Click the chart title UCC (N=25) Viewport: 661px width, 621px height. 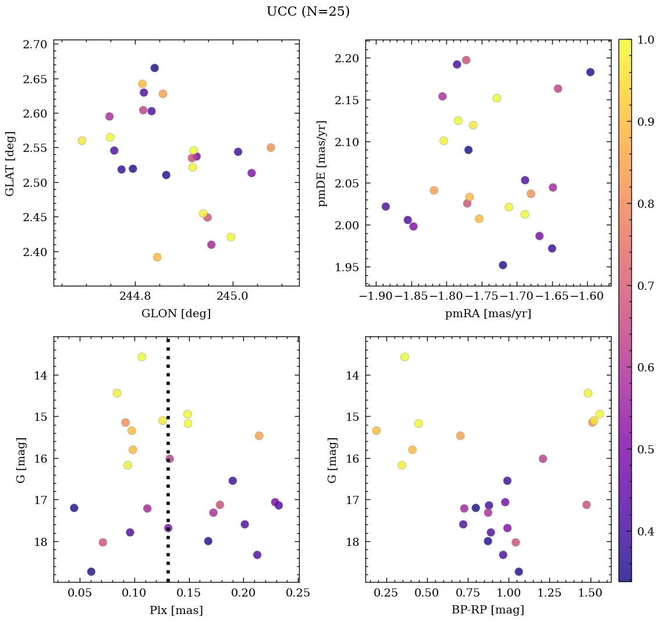tap(308, 12)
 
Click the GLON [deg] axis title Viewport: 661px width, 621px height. tap(176, 314)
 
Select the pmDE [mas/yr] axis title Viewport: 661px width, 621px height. tap(322, 163)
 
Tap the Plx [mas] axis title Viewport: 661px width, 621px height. tap(176, 611)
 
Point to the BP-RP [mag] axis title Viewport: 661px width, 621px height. tap(488, 611)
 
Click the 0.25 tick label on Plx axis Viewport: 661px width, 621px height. tap(298, 593)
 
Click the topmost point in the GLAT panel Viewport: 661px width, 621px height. tap(155, 68)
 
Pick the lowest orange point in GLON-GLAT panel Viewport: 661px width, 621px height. tap(157, 257)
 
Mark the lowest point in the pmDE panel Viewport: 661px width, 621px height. tap(503, 265)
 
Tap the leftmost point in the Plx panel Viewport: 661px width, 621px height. tap(74, 508)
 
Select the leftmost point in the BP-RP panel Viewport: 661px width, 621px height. tap(376, 431)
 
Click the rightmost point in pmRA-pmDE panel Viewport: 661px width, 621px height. tap(590, 72)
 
